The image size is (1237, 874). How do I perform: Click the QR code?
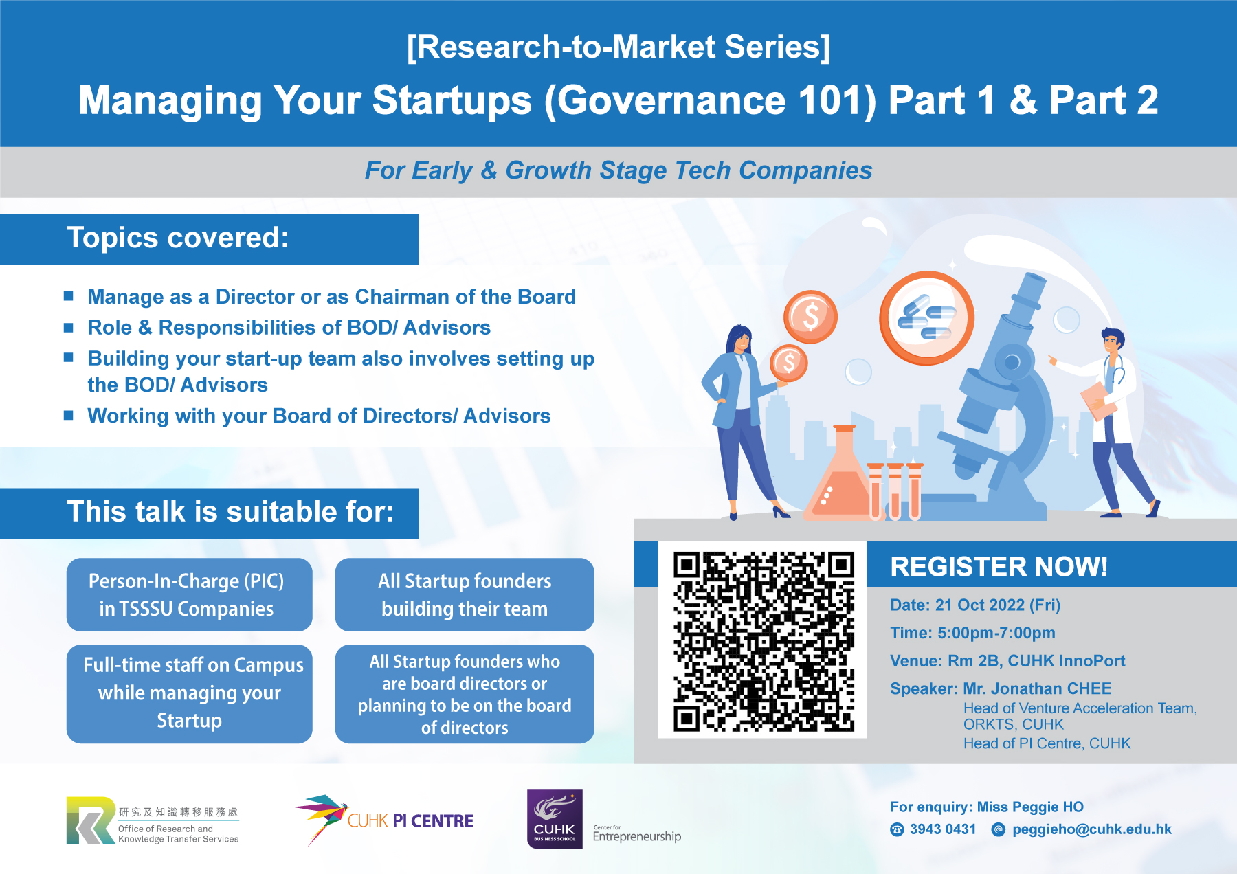pos(763,641)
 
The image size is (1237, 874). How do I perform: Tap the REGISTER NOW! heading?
pos(999,567)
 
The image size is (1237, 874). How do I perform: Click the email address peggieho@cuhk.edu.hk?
pos(1091,829)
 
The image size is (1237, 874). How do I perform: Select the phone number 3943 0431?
pos(942,829)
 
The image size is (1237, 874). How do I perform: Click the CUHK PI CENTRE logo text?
pos(410,821)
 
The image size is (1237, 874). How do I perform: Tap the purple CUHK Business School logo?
pos(555,819)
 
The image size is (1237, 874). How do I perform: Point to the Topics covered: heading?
pos(178,238)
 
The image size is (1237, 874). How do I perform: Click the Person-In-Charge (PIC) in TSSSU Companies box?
pos(189,595)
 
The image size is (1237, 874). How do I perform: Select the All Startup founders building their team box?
pos(465,595)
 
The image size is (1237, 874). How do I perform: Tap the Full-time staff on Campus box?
pos(189,693)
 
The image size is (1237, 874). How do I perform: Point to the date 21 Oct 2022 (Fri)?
pos(998,605)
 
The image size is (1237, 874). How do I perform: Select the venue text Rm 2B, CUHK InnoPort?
pos(1036,661)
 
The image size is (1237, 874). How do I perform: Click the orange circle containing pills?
pos(927,318)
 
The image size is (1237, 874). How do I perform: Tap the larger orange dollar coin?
pos(811,317)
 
